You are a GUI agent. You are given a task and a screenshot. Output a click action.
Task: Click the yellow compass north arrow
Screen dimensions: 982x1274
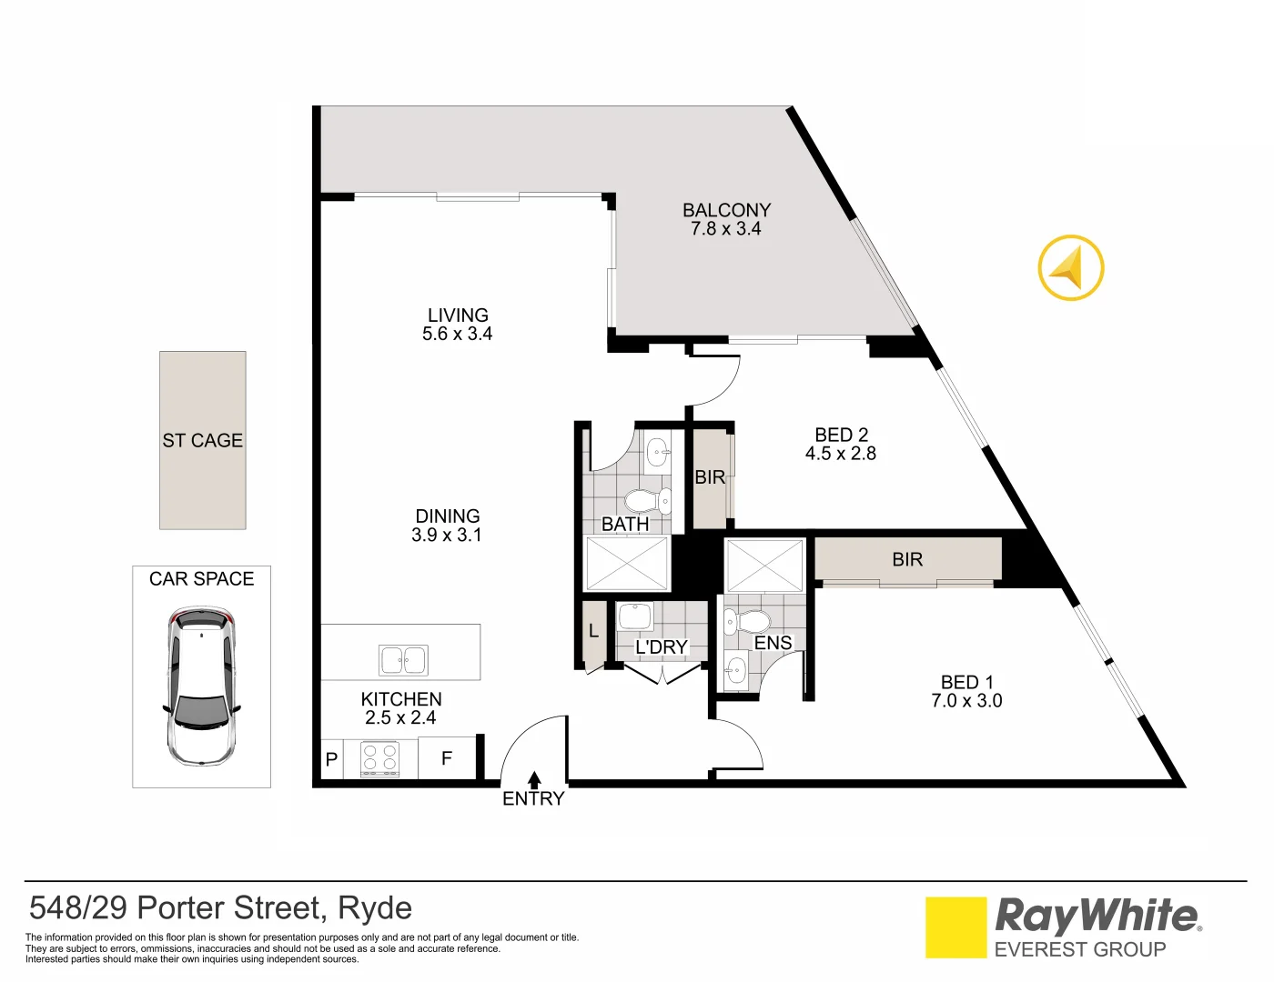[x=1071, y=267]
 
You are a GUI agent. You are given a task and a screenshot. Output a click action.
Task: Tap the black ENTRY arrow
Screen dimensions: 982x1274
[x=534, y=779]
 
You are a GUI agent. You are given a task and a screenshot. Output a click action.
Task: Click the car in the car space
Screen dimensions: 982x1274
[x=201, y=686]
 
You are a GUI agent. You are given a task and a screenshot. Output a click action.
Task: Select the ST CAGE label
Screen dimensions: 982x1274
[x=202, y=441]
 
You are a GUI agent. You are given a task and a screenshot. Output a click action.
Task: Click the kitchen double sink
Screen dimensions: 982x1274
[x=403, y=660]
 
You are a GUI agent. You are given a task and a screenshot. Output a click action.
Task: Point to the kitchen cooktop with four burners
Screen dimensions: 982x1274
[x=380, y=759]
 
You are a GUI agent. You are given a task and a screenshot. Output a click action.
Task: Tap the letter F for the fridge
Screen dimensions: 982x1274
[x=447, y=758]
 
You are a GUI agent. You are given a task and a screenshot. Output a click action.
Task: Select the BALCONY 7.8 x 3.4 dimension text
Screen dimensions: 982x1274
[x=725, y=229]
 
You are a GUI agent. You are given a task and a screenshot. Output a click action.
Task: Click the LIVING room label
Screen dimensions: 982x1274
[x=458, y=316]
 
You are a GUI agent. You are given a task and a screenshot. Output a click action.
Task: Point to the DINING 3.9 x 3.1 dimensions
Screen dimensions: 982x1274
[x=446, y=536]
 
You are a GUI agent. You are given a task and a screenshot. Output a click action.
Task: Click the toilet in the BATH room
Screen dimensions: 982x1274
[x=644, y=501]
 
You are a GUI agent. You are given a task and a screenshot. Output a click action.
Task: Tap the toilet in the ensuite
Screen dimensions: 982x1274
[x=750, y=622]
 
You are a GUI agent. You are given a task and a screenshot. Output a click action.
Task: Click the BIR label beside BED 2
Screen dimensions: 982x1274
[x=710, y=477]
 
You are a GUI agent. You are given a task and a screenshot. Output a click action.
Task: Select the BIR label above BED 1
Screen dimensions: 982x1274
[x=907, y=560]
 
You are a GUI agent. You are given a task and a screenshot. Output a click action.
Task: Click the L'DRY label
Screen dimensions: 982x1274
[x=662, y=647]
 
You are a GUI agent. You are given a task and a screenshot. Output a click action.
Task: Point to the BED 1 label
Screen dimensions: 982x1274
[x=966, y=682]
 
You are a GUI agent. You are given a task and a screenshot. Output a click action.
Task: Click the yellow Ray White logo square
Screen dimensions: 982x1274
[x=955, y=927]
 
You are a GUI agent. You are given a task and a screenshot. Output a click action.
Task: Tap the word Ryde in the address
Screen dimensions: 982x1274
[x=375, y=908]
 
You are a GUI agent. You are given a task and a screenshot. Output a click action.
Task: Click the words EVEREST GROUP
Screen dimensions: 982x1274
[x=1079, y=950]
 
